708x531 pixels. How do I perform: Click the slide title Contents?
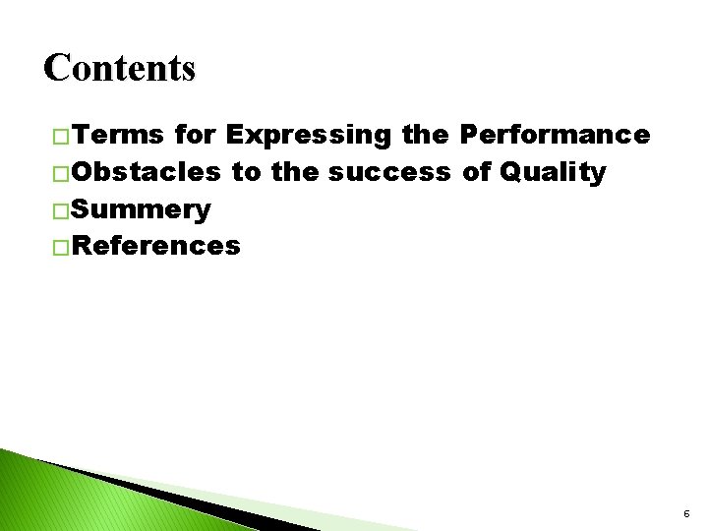(120, 68)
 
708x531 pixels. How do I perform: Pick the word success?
(389, 172)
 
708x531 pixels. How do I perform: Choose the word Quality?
(553, 172)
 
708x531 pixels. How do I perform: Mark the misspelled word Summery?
(141, 209)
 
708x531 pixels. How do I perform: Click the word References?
(155, 246)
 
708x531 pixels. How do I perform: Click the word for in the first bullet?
(195, 135)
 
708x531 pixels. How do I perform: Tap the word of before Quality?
(477, 172)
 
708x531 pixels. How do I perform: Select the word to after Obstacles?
(246, 172)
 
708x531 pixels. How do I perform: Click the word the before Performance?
(425, 135)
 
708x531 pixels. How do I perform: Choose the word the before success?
(294, 172)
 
